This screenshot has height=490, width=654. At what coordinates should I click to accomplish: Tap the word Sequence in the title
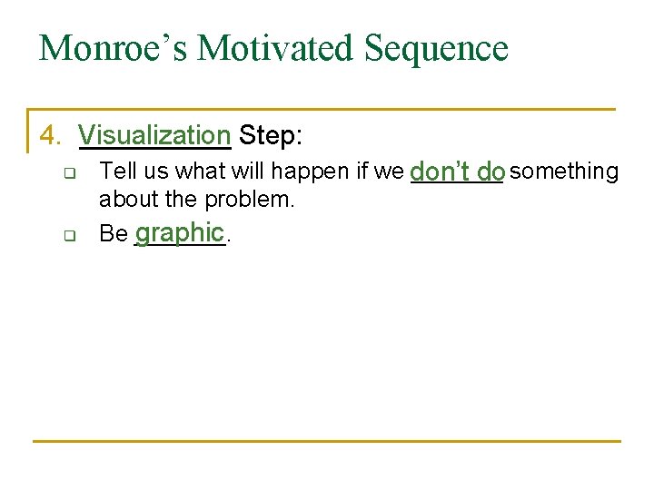436,47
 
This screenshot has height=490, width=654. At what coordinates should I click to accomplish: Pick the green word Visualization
154,136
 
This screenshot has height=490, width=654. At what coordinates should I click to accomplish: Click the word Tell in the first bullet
114,171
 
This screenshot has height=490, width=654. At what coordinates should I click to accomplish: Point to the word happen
303,171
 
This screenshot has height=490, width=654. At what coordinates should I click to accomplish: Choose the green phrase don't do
458,171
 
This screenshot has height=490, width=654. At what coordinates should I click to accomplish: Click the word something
564,171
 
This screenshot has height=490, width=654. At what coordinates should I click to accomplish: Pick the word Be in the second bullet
114,234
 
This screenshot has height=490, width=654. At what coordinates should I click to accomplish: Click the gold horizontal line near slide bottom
327,441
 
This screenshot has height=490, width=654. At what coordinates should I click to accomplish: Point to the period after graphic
228,240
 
